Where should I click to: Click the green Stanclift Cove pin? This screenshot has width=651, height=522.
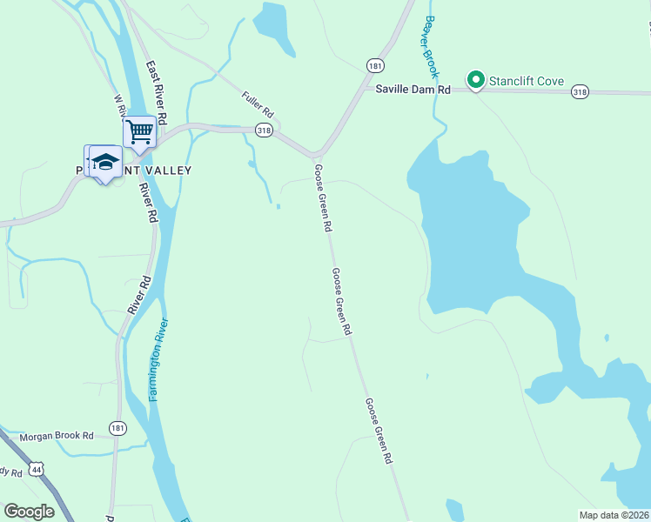click(x=476, y=80)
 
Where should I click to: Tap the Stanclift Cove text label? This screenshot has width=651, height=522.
click(x=526, y=82)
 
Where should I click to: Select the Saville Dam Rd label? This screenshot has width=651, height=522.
click(x=413, y=90)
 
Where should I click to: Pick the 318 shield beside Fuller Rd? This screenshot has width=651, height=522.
click(x=265, y=130)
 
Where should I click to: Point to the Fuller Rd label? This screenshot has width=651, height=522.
click(x=258, y=106)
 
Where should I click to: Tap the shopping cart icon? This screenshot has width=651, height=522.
click(x=139, y=132)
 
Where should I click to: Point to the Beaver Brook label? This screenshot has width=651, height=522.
click(x=431, y=47)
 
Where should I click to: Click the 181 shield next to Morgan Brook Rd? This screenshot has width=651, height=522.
click(x=117, y=427)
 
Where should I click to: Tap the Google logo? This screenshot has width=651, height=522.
click(x=29, y=512)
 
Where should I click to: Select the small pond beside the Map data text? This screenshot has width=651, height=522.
click(x=455, y=510)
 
